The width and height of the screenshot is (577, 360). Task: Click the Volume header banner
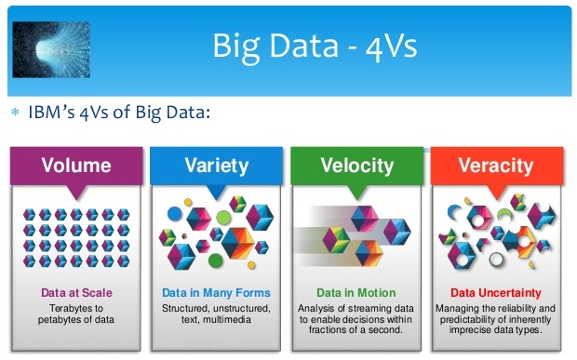click(76, 167)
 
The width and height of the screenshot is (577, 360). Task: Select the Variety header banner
click(216, 167)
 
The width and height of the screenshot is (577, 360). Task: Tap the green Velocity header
click(356, 167)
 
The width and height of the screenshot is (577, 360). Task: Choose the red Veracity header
click(496, 167)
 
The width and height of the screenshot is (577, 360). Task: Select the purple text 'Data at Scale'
click(76, 292)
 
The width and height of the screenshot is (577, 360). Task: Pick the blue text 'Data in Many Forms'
click(216, 292)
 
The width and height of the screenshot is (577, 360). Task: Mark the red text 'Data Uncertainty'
click(495, 292)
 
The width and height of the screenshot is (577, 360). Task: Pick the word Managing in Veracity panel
click(457, 307)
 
